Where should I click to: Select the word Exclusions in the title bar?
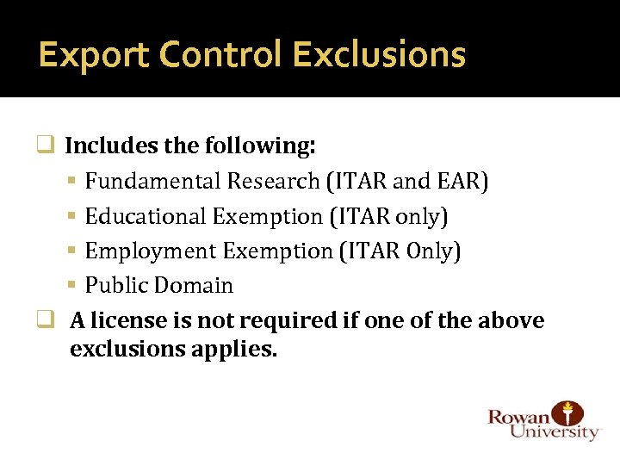coord(379,55)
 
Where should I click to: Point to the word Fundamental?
coord(153,182)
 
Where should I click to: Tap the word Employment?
coord(151,251)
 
